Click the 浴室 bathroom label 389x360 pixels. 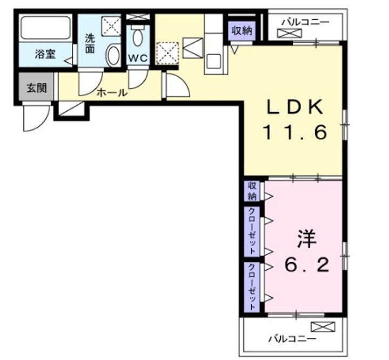point(45,54)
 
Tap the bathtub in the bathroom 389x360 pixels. point(46,28)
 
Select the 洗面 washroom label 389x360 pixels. point(90,43)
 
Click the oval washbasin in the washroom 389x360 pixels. point(113,55)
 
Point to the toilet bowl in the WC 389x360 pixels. point(137,37)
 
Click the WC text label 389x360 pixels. point(138,58)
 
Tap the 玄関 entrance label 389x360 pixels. point(37,88)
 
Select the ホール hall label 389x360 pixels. point(112,93)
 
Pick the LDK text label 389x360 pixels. point(295,107)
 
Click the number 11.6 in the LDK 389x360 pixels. point(295,132)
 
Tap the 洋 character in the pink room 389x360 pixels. point(307,239)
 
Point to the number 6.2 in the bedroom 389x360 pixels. point(307,265)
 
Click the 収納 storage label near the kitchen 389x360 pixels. point(242,30)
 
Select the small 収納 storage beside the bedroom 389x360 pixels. point(252,191)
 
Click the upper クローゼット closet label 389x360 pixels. point(252,231)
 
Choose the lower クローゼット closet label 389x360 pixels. point(252,287)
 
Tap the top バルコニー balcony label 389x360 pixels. point(306,22)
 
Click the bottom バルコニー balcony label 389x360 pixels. point(293,338)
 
